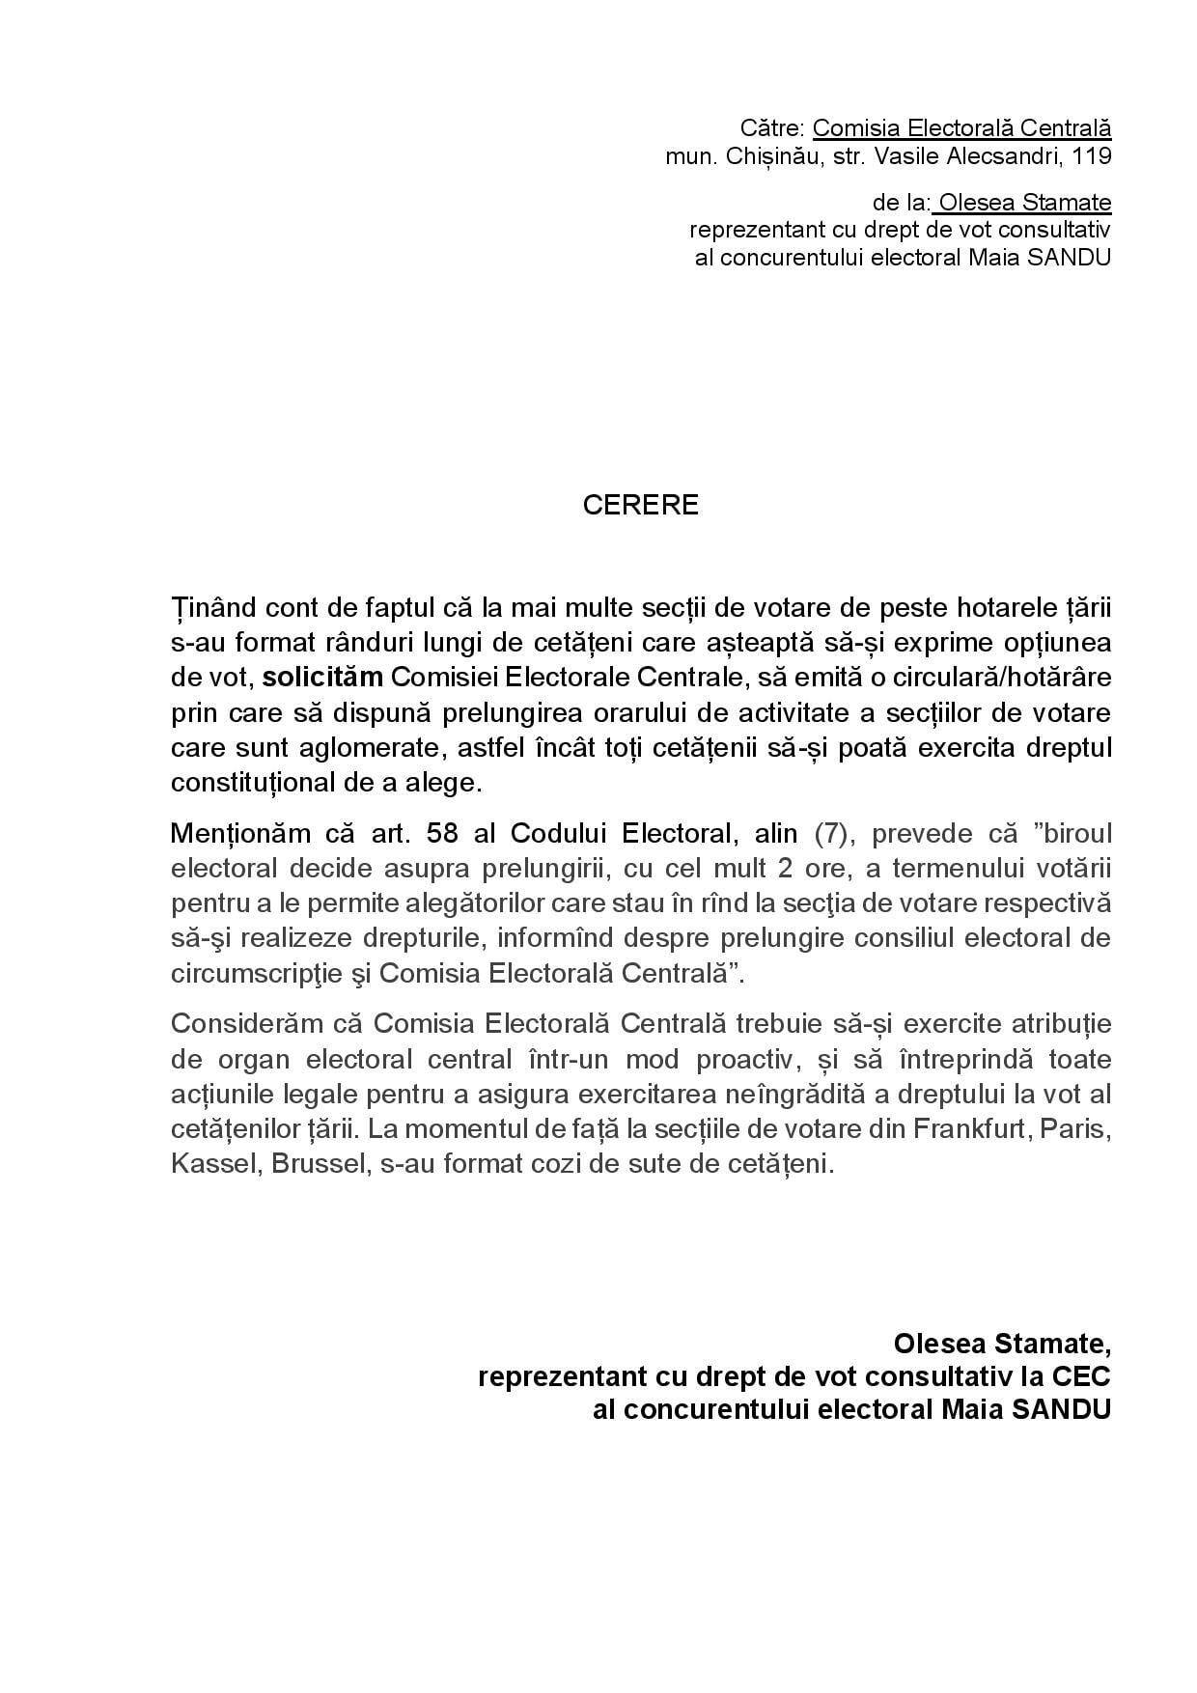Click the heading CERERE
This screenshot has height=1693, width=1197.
click(640, 505)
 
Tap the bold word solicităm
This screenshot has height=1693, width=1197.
click(322, 678)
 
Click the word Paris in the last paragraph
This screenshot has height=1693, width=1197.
click(1072, 1128)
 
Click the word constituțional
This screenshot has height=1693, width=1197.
click(253, 782)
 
